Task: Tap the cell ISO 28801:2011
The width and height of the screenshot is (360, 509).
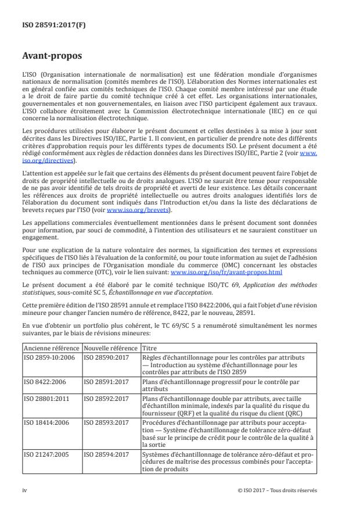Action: click(x=45, y=400)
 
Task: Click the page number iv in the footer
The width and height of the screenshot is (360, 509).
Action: click(x=24, y=490)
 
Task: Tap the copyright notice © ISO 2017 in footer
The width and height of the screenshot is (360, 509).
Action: click(x=278, y=490)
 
